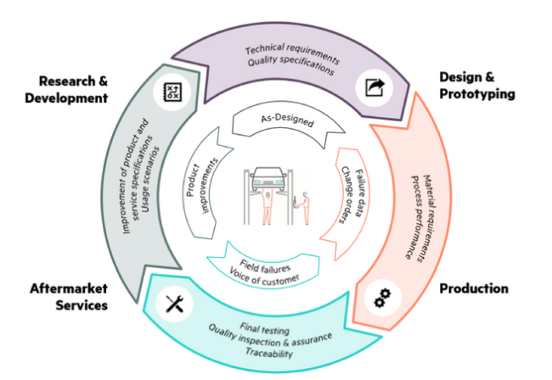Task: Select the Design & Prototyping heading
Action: click(x=476, y=85)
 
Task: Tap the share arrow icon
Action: click(x=374, y=87)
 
